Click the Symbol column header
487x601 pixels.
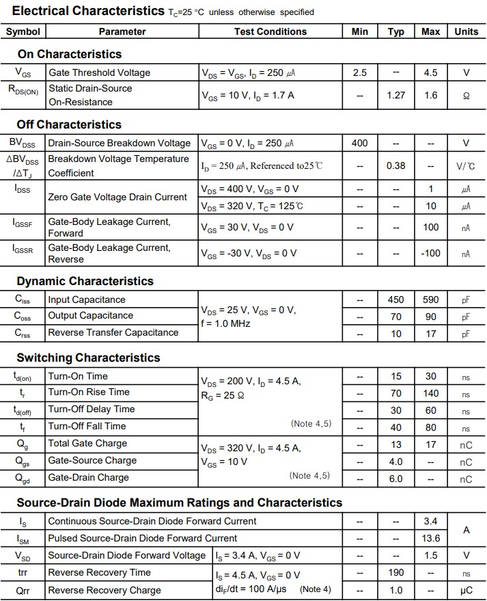click(x=23, y=31)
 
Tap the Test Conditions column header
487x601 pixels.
click(x=270, y=31)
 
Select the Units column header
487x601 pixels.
click(x=467, y=31)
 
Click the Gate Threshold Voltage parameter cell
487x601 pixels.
click(x=99, y=72)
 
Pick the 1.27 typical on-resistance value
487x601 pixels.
click(x=396, y=95)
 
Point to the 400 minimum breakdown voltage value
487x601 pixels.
click(x=359, y=143)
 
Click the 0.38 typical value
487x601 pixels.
click(x=396, y=165)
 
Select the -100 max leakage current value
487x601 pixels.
click(x=430, y=253)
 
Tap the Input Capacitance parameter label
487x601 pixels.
click(x=87, y=299)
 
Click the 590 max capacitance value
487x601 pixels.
click(x=430, y=299)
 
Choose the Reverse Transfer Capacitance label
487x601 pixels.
click(x=113, y=332)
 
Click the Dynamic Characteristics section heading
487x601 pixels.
click(x=85, y=281)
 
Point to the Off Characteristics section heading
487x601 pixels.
click(x=69, y=124)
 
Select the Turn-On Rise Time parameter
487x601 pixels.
click(x=89, y=392)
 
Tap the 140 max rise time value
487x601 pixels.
click(x=430, y=393)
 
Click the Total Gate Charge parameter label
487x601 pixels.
click(x=87, y=444)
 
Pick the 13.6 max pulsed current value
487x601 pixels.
click(x=430, y=538)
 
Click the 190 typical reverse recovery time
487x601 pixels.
click(x=396, y=572)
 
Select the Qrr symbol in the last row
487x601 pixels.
click(x=23, y=590)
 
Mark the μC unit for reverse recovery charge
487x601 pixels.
click(x=466, y=590)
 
